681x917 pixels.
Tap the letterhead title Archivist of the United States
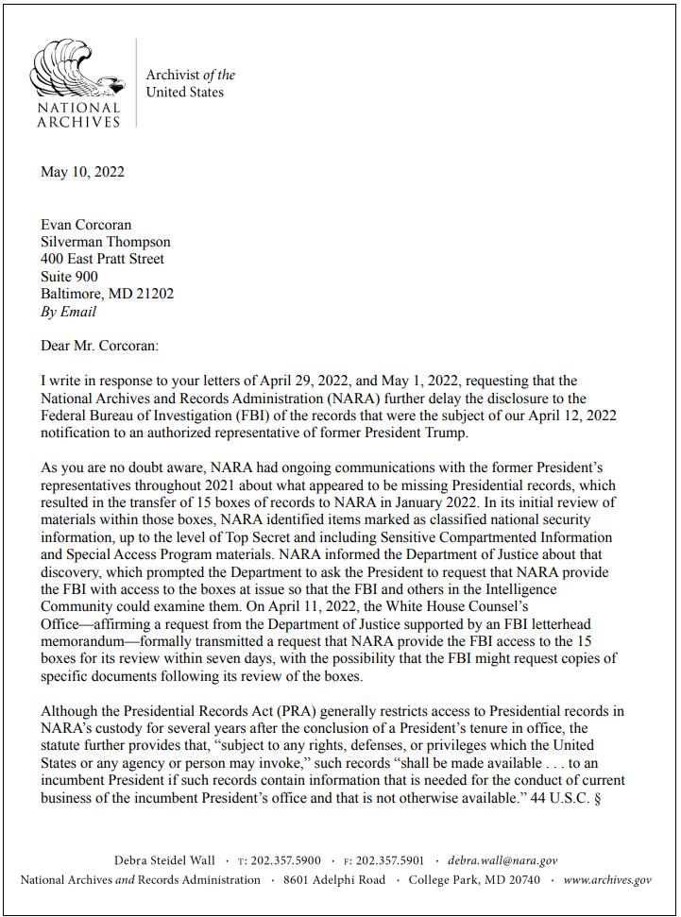click(190, 83)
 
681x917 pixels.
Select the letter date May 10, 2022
click(82, 171)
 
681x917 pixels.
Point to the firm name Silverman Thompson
click(106, 241)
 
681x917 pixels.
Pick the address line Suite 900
click(69, 276)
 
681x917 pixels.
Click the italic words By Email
click(68, 311)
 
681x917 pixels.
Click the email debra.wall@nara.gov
click(502, 860)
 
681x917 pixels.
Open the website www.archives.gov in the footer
click(607, 879)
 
